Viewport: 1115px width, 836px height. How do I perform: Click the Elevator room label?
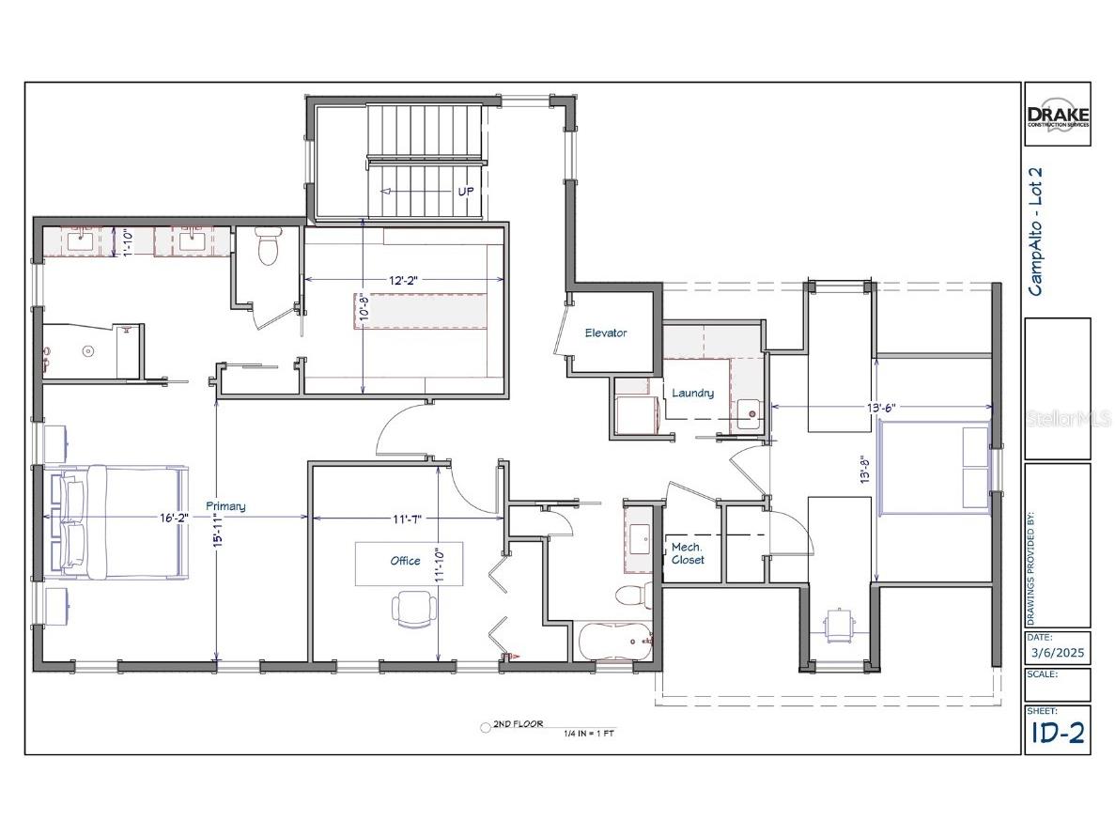pyautogui.click(x=605, y=333)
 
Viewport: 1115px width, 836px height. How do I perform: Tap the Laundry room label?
pyautogui.click(x=692, y=393)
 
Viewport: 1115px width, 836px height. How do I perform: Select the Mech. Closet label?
pyautogui.click(x=688, y=552)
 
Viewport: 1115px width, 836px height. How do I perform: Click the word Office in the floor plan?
pyautogui.click(x=405, y=561)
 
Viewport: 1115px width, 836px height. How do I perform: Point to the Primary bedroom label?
pyautogui.click(x=225, y=506)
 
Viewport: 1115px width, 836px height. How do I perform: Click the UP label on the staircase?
pyautogui.click(x=464, y=190)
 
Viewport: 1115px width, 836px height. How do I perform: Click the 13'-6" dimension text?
pyautogui.click(x=880, y=407)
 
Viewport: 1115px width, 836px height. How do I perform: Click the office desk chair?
pyautogui.click(x=413, y=608)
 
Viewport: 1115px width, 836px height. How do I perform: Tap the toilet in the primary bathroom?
pyautogui.click(x=268, y=248)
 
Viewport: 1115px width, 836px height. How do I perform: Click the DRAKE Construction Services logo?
pyautogui.click(x=1057, y=114)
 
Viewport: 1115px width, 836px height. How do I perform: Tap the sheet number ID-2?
pyautogui.click(x=1057, y=734)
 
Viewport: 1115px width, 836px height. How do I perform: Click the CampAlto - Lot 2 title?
pyautogui.click(x=1036, y=231)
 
